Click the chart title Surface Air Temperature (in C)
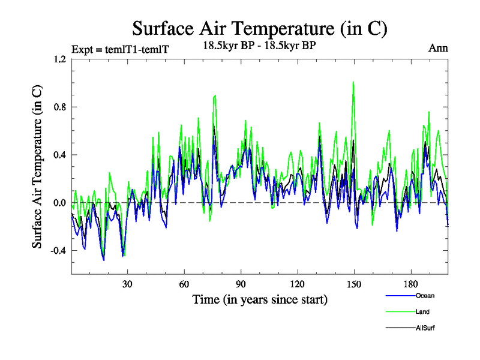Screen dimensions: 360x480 tap(259, 28)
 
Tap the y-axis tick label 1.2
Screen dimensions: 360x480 tap(59, 59)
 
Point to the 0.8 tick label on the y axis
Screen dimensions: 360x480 tap(59, 107)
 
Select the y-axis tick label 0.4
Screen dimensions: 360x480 tap(59, 155)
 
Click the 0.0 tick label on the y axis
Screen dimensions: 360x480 tap(59, 203)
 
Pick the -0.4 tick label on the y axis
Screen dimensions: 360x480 tap(58, 251)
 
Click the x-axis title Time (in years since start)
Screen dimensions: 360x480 tap(260, 298)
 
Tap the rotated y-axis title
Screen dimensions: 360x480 tap(37, 167)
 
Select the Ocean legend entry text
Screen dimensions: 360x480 tap(424, 296)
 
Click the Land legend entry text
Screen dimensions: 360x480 tap(422, 312)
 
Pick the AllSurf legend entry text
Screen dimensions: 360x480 tap(425, 328)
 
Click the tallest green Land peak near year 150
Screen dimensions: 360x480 tap(353, 82)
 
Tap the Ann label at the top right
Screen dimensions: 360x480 tap(438, 48)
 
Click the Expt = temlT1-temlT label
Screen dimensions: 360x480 tap(120, 49)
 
